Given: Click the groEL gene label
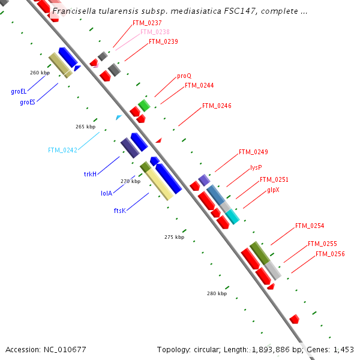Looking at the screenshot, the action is [19, 92].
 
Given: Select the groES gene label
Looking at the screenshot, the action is [28, 102].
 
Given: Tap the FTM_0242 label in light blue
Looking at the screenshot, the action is [62, 150].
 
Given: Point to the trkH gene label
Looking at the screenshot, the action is [90, 174].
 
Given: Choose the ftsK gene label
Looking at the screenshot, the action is [119, 211].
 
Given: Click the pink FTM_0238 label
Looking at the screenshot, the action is [155, 32].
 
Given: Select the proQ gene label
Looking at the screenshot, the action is [184, 76].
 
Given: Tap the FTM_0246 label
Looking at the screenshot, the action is [217, 106].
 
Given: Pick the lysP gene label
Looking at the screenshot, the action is [256, 167].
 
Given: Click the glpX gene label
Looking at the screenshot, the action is [273, 190].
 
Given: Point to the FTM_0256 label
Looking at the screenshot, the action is [330, 254].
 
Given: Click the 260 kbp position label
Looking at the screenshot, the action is [40, 73].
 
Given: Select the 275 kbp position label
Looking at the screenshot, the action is [174, 237].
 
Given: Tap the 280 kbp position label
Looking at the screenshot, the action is [217, 293].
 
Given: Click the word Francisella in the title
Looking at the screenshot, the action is [73, 11].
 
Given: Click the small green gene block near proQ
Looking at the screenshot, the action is [144, 106].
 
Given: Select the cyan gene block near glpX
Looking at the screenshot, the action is [232, 217].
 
